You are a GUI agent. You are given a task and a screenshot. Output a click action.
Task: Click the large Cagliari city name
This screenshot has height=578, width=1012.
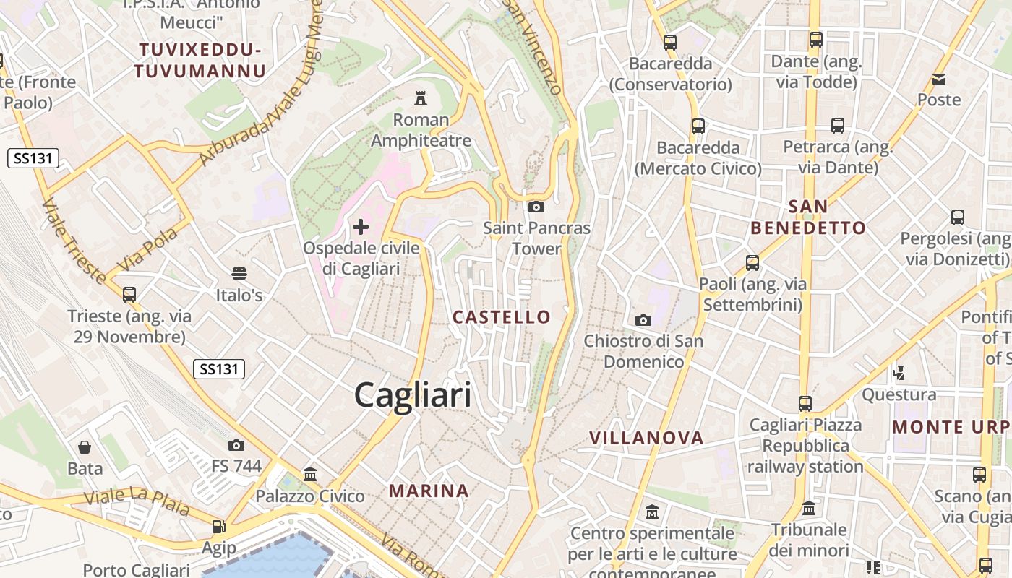coord(413,395)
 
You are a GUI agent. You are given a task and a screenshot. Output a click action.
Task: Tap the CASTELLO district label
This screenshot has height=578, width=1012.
coord(502,316)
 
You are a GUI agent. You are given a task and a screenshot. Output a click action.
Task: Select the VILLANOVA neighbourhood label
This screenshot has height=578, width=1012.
coord(646,438)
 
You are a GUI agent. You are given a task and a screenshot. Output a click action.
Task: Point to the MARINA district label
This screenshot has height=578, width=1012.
coord(429,491)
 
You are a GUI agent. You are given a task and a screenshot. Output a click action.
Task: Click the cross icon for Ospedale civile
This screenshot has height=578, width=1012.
coord(360,227)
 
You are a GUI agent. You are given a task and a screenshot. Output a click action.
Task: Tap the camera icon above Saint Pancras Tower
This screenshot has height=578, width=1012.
coord(536,207)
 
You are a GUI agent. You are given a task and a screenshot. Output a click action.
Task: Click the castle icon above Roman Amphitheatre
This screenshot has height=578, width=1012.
coord(420,98)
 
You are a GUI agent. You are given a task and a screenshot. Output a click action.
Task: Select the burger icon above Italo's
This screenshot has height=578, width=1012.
coord(239,274)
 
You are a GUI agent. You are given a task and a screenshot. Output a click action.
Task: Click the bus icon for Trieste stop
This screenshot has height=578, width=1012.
coord(129,295)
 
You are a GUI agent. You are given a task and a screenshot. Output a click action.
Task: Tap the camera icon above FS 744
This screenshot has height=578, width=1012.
coord(236,445)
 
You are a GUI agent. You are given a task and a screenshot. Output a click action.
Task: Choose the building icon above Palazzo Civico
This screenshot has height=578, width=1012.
coord(310,475)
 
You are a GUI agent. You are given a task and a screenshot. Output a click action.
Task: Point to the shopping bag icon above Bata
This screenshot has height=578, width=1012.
coord(85,447)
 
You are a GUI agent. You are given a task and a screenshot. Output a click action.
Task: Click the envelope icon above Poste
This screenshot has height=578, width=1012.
coord(939,79)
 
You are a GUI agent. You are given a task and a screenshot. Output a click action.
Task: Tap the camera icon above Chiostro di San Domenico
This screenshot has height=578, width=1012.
coord(643,320)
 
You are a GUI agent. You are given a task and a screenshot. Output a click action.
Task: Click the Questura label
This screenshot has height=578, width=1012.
coord(899,394)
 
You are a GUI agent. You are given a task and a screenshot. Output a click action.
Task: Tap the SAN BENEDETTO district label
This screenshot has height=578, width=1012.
coord(808,217)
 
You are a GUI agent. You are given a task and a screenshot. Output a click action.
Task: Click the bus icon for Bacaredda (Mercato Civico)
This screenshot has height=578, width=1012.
coord(698,126)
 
